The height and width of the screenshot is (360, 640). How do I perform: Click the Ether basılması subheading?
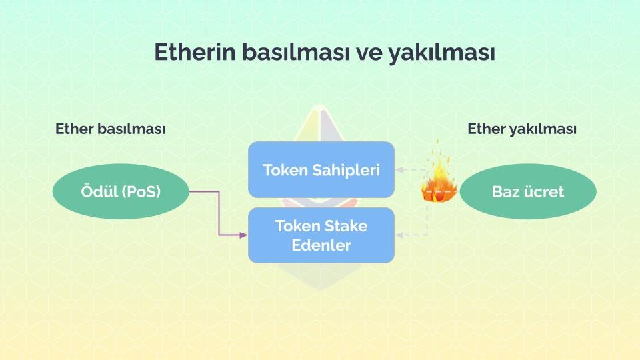click(110, 129)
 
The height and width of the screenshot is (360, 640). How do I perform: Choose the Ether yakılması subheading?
click(522, 129)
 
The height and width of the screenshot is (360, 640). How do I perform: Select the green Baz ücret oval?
click(528, 192)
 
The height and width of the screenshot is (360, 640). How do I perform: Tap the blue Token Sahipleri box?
click(321, 169)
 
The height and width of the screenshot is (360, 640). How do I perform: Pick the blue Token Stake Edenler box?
click(321, 235)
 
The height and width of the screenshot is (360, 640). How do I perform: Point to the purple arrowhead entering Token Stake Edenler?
click(243, 235)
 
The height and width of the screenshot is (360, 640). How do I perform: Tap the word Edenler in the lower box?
click(321, 245)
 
